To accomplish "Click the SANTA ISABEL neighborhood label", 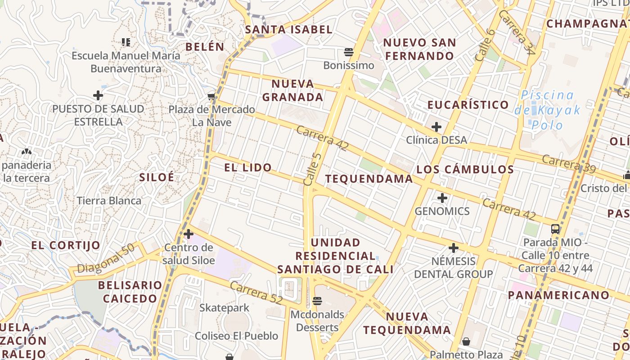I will pos(288,30).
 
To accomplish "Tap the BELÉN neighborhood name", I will pos(205,46).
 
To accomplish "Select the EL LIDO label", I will pos(248,168).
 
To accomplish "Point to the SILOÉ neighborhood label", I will pos(157,177).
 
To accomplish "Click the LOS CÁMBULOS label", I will pos(465,170).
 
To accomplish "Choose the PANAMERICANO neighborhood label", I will pos(559,295).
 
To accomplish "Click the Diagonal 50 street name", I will pos(106,260).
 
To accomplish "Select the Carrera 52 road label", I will pos(256,292).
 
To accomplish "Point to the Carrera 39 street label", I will pos(569,164).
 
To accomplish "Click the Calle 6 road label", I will pos(485,45).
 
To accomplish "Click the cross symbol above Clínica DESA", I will pos(436,127).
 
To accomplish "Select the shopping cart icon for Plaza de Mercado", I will pos(211,96).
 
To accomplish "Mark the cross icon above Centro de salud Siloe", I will pos(189,234).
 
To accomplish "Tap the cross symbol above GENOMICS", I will pos(442,198).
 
